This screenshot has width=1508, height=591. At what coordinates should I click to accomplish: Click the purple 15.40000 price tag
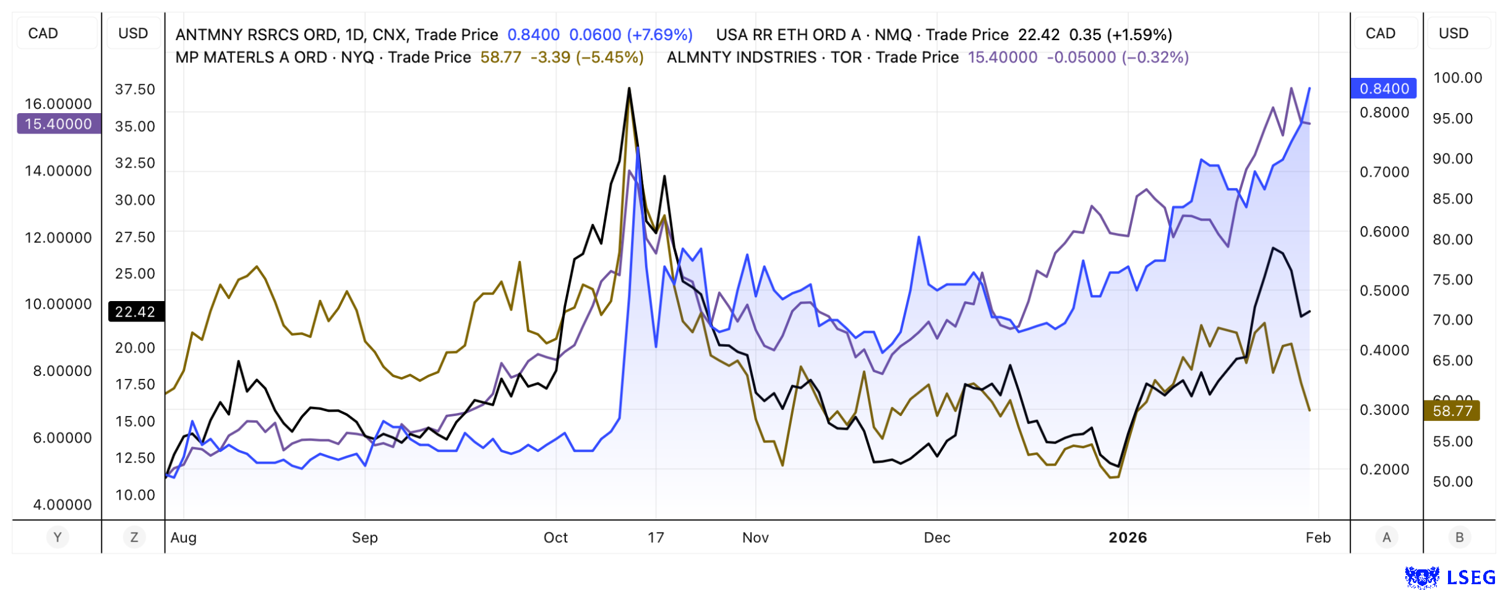click(x=58, y=124)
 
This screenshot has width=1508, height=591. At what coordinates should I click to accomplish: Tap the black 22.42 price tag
click(x=135, y=312)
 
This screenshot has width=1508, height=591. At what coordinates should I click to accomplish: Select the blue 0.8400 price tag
click(x=1384, y=88)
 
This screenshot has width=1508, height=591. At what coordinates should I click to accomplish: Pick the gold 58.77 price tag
click(x=1452, y=411)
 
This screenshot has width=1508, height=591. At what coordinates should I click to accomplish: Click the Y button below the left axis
click(x=58, y=537)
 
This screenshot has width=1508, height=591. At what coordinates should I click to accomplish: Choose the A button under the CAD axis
click(x=1386, y=537)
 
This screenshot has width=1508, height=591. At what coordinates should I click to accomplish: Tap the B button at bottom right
click(x=1459, y=537)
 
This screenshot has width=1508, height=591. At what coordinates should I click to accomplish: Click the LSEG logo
click(x=1450, y=577)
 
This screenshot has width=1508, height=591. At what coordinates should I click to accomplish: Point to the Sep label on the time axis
click(x=364, y=537)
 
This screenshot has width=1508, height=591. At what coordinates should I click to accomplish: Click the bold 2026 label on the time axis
click(x=1128, y=537)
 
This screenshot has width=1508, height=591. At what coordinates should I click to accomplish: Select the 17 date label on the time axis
click(x=656, y=537)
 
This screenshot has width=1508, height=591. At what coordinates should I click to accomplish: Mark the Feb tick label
click(x=1318, y=537)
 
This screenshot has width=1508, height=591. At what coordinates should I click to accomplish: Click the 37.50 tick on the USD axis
click(x=135, y=89)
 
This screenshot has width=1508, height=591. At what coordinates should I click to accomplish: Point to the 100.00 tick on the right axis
click(x=1457, y=78)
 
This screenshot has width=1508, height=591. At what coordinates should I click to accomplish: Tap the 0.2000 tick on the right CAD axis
click(x=1384, y=469)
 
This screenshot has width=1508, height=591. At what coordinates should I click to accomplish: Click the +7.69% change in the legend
click(x=659, y=35)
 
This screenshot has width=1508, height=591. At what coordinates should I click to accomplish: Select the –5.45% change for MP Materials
click(x=610, y=57)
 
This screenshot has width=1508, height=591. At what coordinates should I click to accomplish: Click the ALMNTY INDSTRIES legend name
click(x=742, y=57)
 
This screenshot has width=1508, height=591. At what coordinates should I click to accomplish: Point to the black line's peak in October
click(x=629, y=88)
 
